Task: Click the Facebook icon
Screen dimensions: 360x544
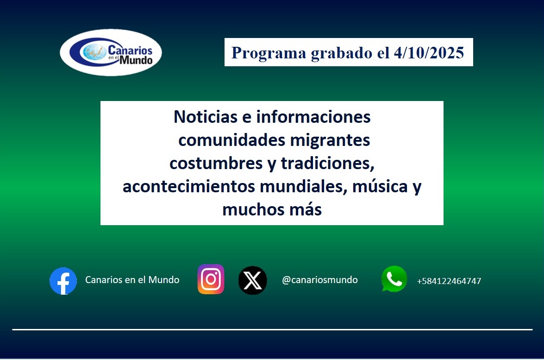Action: (x=63, y=281)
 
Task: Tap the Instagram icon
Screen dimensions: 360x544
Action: (x=211, y=279)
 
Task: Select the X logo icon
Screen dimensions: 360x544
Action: (x=252, y=280)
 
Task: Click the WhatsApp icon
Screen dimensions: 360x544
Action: (x=394, y=279)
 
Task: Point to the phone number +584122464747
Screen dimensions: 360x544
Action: (x=449, y=281)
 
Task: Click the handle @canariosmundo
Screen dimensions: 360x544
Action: (x=319, y=280)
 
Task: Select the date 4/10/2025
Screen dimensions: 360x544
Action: (x=428, y=53)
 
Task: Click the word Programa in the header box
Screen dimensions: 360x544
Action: (x=269, y=53)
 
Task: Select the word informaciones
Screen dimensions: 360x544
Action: (x=313, y=117)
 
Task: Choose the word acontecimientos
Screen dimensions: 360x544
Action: (x=189, y=187)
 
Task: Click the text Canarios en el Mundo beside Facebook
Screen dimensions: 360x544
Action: (x=132, y=280)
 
